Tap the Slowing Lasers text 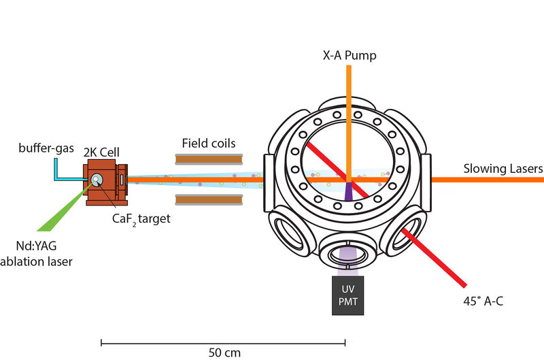[503, 168]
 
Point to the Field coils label [209, 144]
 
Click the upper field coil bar [209, 159]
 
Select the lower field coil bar [209, 199]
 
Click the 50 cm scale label [224, 353]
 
